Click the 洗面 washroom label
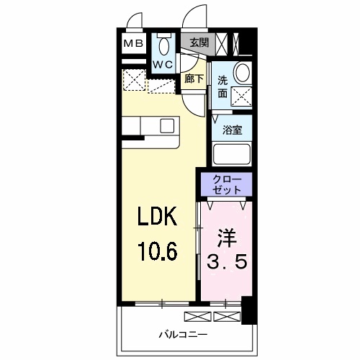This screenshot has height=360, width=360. click(x=222, y=86)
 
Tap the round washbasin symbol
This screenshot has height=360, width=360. click(x=243, y=72)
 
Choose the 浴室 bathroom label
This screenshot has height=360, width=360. click(x=231, y=130)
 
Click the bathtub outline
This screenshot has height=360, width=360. click(x=231, y=155)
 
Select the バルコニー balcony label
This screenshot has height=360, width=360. click(x=183, y=335)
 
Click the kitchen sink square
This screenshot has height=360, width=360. click(x=166, y=125)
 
